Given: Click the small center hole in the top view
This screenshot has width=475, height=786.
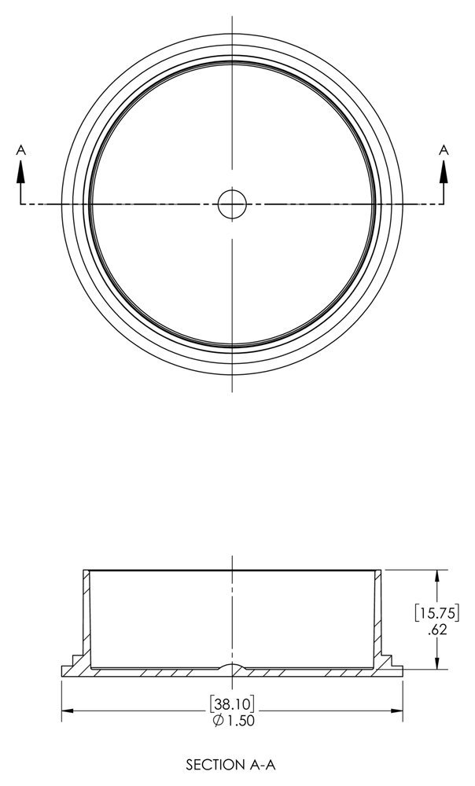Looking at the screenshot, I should [x=232, y=204].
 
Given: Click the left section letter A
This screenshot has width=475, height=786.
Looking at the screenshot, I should [x=22, y=149].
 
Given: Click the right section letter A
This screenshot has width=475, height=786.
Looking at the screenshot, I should [x=444, y=149].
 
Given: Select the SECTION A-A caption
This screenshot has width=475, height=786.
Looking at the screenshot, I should [x=232, y=763].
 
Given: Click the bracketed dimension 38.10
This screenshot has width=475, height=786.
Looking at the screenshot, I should [x=232, y=703].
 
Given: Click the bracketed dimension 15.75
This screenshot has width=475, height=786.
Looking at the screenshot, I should [x=438, y=612].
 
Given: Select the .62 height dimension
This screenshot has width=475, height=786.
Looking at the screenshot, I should [x=438, y=629].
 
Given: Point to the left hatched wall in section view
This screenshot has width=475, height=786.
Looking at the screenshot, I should [x=85, y=613].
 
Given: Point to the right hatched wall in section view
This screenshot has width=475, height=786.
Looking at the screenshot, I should [x=379, y=613].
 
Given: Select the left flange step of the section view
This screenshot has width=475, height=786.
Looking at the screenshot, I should [x=74, y=659].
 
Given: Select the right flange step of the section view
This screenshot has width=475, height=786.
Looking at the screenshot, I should [x=390, y=659].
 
